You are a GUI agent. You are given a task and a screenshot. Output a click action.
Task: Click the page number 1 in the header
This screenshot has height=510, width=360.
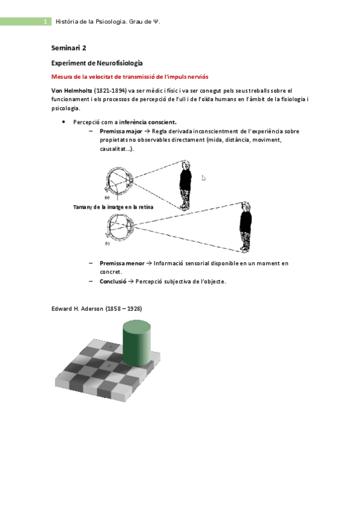click(45, 22)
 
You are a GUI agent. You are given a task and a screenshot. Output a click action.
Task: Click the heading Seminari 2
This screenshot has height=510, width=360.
click(70, 48)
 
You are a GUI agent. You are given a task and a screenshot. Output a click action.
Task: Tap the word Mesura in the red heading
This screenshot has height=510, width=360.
click(64, 76)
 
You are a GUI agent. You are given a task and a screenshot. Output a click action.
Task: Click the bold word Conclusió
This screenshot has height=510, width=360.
click(113, 281)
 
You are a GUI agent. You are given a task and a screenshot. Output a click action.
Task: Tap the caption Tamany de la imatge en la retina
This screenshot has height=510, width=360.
click(113, 206)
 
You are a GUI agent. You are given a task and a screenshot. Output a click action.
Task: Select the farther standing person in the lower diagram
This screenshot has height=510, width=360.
click(245, 227)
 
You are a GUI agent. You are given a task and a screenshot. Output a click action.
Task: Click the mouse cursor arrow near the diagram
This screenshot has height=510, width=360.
click(204, 178)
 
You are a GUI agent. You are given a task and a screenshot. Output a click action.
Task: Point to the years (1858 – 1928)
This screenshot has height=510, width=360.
click(124, 309)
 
